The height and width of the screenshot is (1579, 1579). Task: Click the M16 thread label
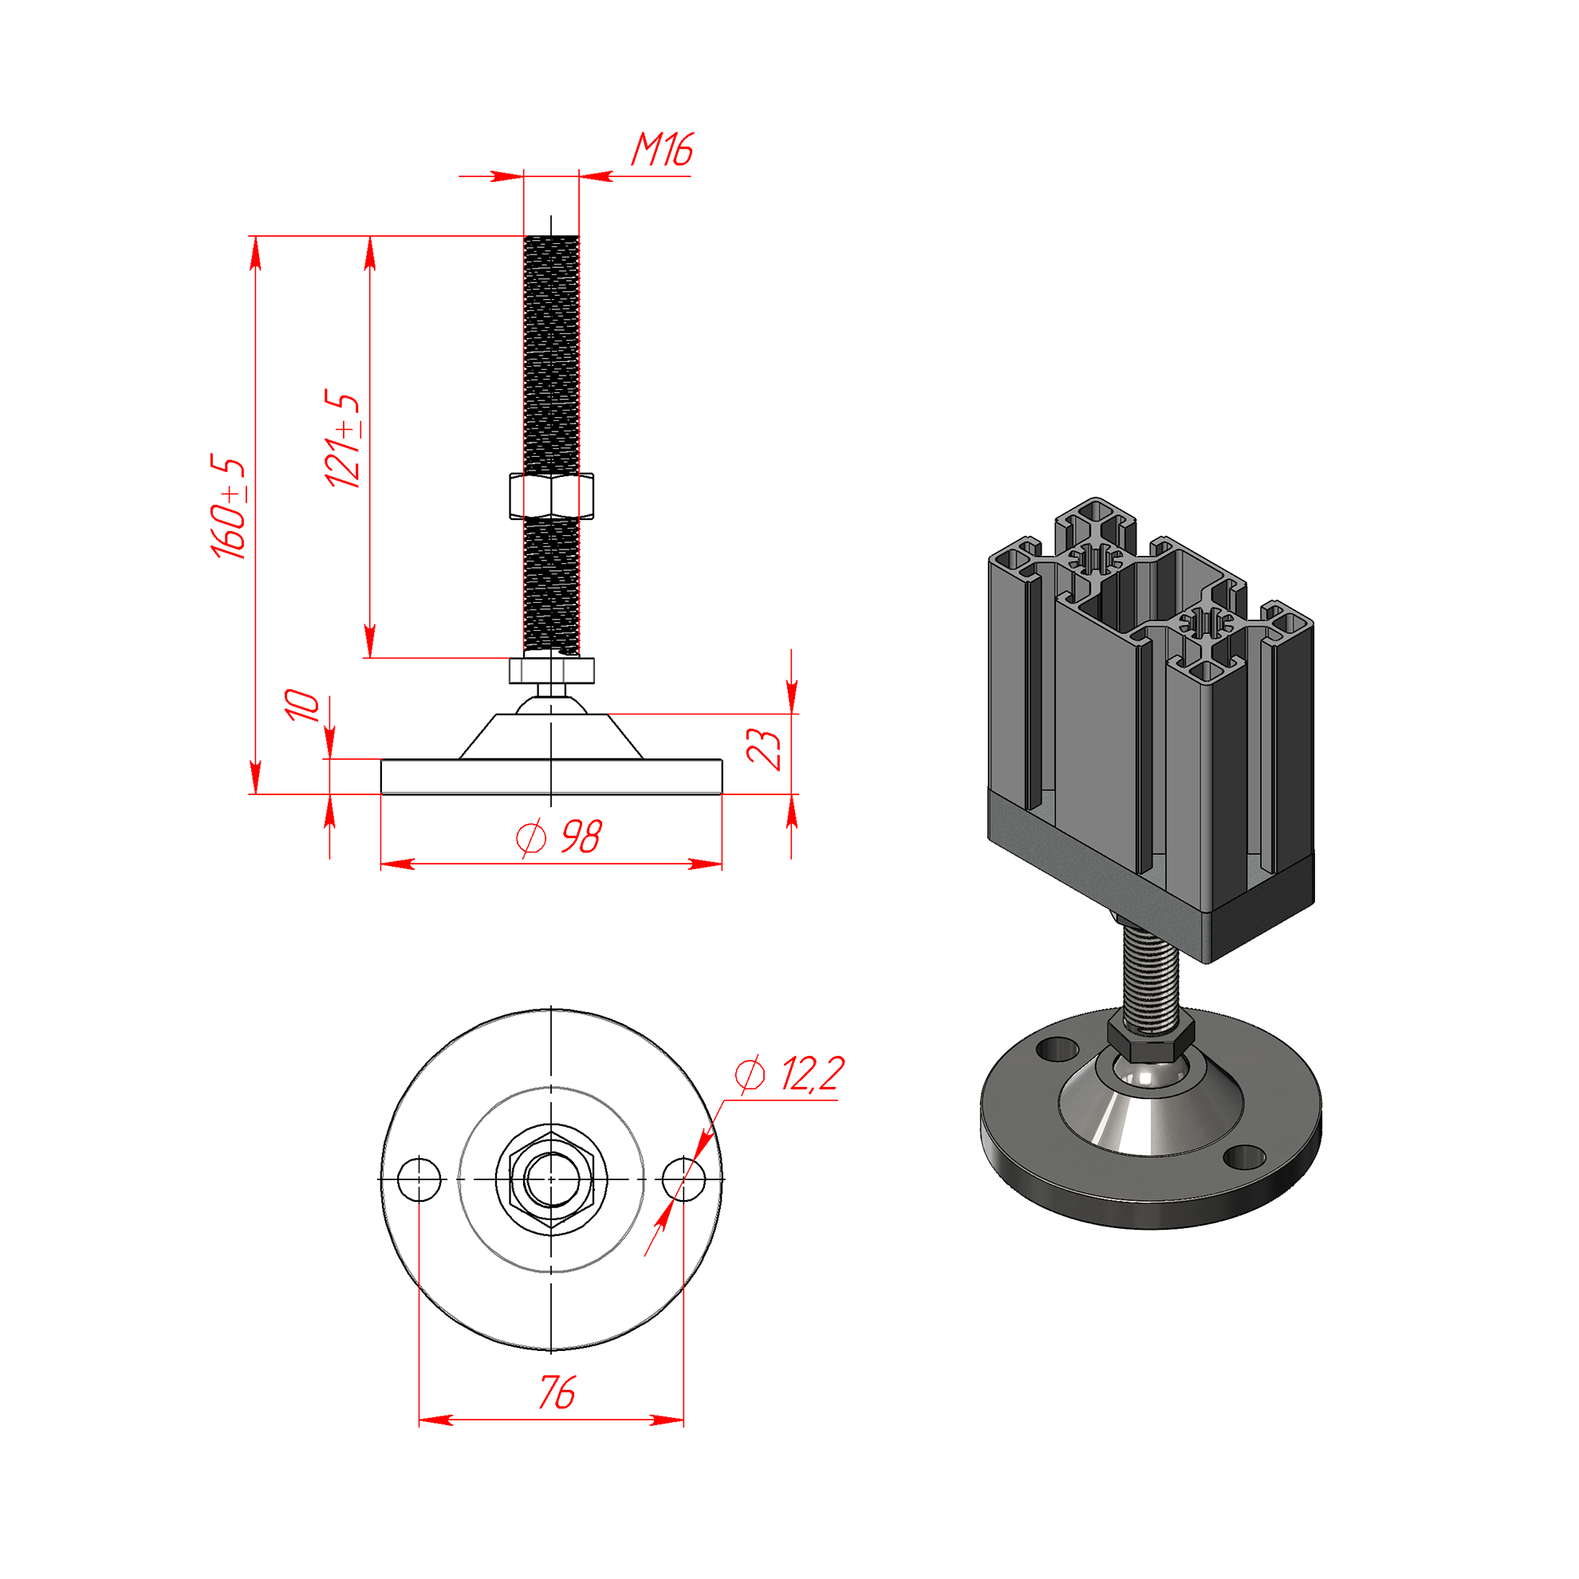coord(662,150)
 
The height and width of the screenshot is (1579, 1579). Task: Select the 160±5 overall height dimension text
coord(228,507)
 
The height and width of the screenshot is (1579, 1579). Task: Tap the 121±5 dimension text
coord(342,439)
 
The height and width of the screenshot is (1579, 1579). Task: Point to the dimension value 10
coord(301,704)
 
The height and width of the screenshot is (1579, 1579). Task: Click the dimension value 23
coord(764,749)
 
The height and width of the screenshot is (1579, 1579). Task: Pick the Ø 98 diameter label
coord(559,836)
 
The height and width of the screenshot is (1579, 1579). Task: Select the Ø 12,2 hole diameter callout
coord(789,1073)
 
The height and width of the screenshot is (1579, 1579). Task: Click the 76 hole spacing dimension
coord(557,1392)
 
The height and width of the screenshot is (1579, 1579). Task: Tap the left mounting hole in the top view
coord(419,1179)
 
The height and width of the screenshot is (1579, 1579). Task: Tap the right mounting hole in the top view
coord(683,1179)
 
